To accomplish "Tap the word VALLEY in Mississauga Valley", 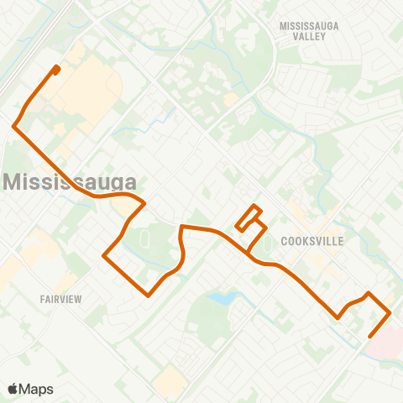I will (309, 38).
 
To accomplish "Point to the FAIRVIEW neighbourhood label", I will (59, 298).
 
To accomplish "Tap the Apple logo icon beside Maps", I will (13, 388).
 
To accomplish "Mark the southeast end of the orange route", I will (369, 338).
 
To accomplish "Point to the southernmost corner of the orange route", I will (149, 296).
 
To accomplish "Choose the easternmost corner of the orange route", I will (390, 314).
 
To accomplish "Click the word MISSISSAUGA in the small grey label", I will (309, 26).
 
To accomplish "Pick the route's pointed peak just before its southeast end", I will (369, 293).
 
